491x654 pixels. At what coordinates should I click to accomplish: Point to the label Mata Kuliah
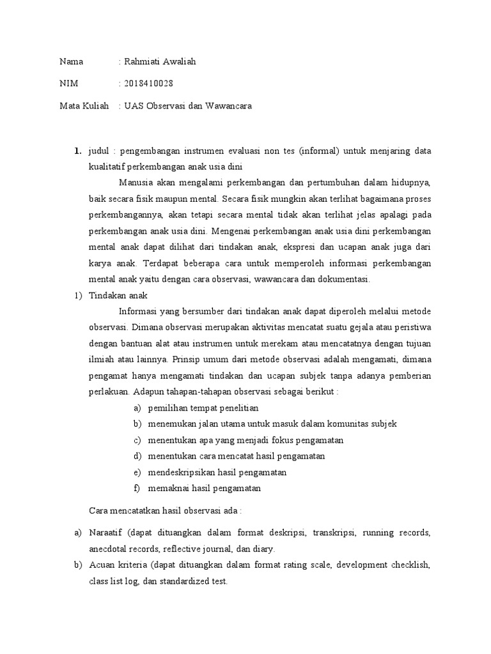84,105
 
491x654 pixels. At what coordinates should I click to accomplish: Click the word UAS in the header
133,105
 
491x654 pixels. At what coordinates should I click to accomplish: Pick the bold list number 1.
77,151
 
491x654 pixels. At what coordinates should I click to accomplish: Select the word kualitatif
108,167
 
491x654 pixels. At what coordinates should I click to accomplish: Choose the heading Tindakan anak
118,296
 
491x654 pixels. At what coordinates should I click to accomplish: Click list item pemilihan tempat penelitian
203,407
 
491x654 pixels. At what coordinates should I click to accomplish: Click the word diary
263,549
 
